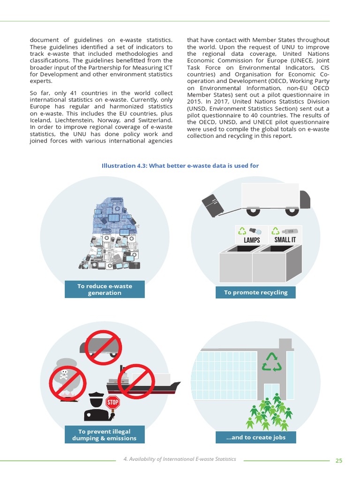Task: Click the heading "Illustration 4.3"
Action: point(180,166)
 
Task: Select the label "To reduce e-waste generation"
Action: point(105,290)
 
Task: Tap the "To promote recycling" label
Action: point(255,292)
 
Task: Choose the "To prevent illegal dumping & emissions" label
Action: point(105,435)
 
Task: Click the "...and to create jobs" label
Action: point(255,438)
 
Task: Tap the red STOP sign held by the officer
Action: point(112,402)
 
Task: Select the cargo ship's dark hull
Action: point(141,388)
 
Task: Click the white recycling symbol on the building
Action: point(271,361)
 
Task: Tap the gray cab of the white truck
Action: point(305,199)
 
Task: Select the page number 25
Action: point(339,460)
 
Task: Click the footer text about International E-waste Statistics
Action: point(180,459)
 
